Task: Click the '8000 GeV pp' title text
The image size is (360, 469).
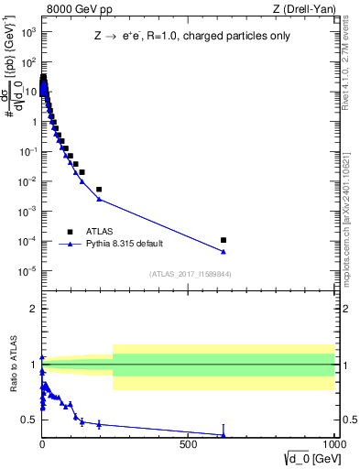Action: pos(74,9)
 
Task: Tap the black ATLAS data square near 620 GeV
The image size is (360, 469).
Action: pos(224,240)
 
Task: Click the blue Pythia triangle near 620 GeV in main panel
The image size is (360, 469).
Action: pos(224,252)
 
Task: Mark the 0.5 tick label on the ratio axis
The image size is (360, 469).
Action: pos(29,420)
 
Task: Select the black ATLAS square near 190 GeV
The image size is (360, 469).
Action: pos(99,190)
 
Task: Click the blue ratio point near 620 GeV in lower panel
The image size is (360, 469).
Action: pos(224,435)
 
